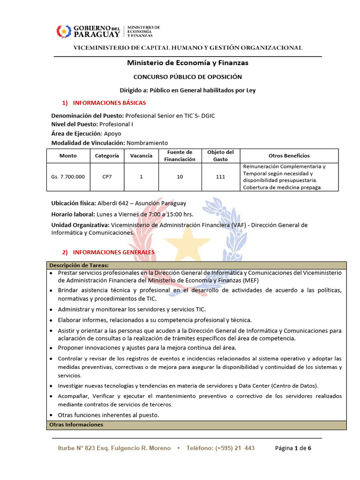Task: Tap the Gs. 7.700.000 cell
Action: click(68, 177)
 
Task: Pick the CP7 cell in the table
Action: click(107, 177)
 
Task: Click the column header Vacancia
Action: click(141, 156)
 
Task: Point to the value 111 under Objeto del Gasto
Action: click(220, 177)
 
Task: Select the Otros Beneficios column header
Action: click(289, 156)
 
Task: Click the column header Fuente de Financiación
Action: click(180, 156)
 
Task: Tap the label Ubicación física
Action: click(73, 203)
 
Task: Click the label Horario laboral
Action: click(71, 214)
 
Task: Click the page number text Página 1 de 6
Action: click(292, 448)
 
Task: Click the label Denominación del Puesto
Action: click(87, 115)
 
